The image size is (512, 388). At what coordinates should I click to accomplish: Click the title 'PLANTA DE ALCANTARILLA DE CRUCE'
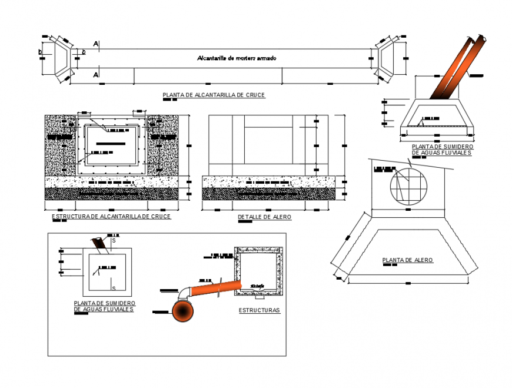[x=214, y=95]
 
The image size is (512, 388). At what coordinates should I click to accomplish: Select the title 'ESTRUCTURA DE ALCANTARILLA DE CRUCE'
[x=111, y=217]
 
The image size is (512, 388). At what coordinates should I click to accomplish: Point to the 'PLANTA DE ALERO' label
[x=407, y=260]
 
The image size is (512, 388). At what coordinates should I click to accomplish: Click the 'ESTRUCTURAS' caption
[x=259, y=310]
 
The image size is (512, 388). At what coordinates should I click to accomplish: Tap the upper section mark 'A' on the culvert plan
[x=95, y=44]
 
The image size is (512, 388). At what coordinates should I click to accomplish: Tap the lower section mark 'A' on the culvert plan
[x=95, y=75]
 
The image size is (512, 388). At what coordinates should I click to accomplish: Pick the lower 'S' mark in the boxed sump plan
[x=114, y=288]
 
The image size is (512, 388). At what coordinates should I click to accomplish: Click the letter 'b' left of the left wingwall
[x=40, y=52]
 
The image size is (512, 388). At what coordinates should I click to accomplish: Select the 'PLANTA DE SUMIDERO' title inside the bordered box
[x=104, y=306]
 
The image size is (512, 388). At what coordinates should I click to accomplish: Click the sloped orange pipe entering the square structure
[x=216, y=288]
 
